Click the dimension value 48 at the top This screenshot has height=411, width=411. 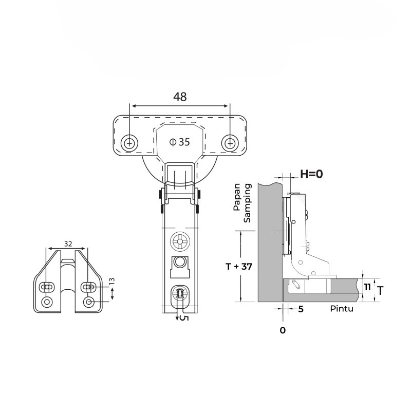180,96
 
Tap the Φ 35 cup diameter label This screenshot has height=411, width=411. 179,142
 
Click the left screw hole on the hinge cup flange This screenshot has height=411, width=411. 129,142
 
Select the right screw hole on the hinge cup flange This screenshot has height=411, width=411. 230,142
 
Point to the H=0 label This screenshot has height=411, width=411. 311,174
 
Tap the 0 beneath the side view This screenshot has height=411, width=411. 283,330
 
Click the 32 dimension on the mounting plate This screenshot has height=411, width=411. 68,243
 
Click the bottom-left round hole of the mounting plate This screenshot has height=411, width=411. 48,302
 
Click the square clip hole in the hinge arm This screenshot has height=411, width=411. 180,263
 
